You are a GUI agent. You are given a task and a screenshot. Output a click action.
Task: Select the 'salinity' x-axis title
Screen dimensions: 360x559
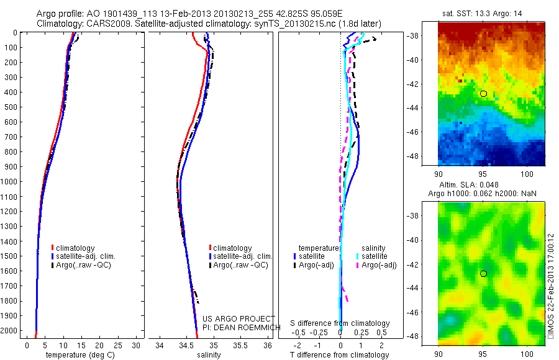coord(208,355)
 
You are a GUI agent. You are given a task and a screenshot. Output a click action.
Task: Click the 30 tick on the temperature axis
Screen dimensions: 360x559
coord(135,345)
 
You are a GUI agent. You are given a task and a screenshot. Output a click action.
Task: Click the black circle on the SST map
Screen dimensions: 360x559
coord(483,94)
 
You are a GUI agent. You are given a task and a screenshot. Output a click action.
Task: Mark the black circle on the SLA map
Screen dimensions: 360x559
coord(483,274)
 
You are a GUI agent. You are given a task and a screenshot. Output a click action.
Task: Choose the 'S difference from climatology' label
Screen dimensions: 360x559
coord(340,323)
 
